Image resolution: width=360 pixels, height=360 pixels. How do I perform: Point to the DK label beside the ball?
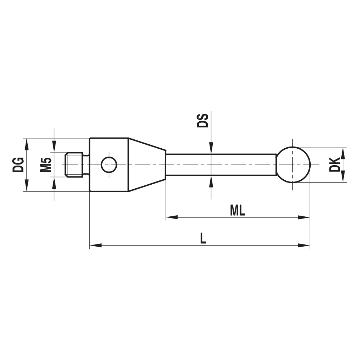point(334,164)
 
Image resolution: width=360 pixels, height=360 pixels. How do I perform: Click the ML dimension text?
point(237,211)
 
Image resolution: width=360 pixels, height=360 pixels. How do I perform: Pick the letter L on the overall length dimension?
point(203,238)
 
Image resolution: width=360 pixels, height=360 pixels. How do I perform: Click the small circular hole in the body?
point(109,165)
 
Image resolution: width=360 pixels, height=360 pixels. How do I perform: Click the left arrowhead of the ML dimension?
point(171,217)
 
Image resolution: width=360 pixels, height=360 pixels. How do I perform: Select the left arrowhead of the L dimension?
point(95,246)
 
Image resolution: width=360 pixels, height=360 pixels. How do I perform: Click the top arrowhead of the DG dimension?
point(26,143)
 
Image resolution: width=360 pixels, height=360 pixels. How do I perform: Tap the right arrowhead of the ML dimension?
point(305,217)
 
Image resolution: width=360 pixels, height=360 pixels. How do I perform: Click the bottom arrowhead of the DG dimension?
point(26,186)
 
